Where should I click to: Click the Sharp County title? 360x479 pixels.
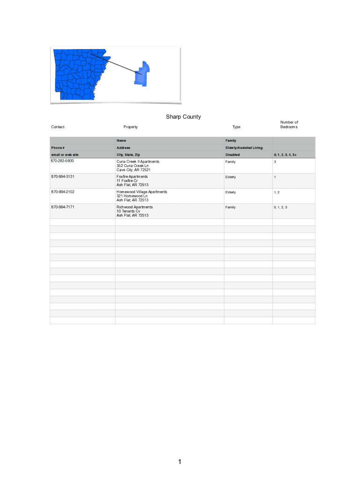[x=183, y=116]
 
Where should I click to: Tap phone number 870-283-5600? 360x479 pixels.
[x=63, y=161]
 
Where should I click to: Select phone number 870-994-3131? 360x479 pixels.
[x=63, y=176]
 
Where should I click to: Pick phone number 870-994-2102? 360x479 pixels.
[x=63, y=192]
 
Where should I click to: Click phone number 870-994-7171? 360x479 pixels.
[x=63, y=207]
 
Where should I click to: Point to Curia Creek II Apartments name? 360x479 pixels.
[x=138, y=161]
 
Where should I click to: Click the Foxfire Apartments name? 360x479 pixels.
[x=132, y=176]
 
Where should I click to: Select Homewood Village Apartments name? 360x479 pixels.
[x=142, y=192]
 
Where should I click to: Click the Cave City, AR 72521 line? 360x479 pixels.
[x=133, y=170]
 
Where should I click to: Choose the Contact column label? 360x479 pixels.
[x=58, y=127]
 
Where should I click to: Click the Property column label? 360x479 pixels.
[x=130, y=127]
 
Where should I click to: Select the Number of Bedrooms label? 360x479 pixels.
[x=289, y=124]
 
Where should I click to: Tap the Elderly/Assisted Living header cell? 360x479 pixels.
[x=244, y=148]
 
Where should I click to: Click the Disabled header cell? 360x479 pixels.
[x=232, y=154]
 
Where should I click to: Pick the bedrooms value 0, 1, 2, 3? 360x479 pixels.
[x=281, y=207]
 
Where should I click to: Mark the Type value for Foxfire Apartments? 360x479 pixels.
[x=230, y=177]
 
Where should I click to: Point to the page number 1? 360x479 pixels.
[x=180, y=462]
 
